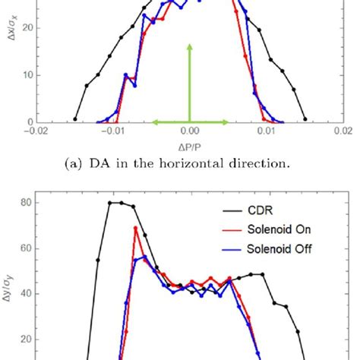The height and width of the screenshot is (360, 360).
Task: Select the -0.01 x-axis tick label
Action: (112, 130)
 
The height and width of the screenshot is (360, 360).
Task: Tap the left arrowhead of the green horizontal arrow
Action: (153, 122)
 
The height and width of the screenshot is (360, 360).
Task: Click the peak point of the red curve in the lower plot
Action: (136, 228)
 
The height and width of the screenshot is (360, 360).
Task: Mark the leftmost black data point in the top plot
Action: (74, 119)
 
